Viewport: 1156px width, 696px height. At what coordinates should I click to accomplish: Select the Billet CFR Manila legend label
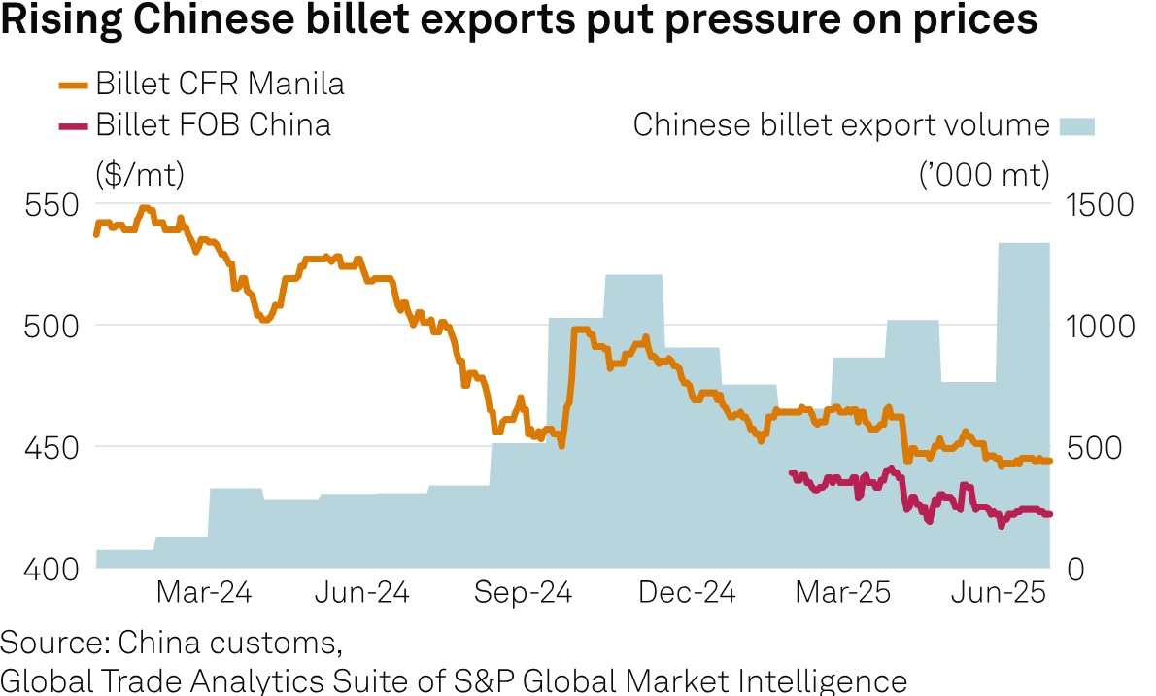[220, 85]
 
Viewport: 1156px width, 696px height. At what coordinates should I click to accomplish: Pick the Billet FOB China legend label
[213, 124]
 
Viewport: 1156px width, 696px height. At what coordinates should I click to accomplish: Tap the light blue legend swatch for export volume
[1076, 125]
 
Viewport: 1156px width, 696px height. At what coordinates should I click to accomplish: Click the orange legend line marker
[75, 85]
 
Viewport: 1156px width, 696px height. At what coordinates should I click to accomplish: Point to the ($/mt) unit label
[140, 174]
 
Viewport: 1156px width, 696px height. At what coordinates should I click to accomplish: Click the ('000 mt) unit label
[983, 174]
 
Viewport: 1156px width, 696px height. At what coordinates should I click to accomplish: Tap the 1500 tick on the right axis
[1100, 206]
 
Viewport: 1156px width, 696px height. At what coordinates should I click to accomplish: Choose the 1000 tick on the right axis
[1100, 326]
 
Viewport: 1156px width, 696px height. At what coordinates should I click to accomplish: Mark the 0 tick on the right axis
[1074, 569]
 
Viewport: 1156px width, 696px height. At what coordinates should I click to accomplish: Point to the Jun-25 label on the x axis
[1001, 593]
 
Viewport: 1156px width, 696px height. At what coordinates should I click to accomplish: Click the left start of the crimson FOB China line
[790, 472]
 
